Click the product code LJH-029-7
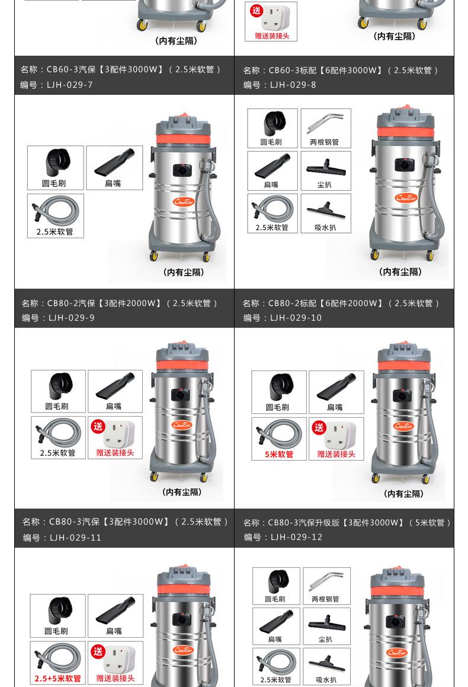(x=70, y=85)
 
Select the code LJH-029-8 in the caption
(x=293, y=85)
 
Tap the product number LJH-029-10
(x=296, y=318)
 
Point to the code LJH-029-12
(x=296, y=537)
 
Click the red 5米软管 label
(x=278, y=455)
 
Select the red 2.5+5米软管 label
(x=58, y=678)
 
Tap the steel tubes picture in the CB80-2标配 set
(x=325, y=123)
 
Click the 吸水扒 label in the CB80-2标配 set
(x=325, y=228)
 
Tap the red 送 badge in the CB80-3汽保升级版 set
(x=319, y=427)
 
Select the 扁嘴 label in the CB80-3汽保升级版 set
(x=335, y=407)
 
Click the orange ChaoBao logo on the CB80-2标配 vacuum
(x=406, y=197)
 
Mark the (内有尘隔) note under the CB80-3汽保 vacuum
(x=182, y=492)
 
